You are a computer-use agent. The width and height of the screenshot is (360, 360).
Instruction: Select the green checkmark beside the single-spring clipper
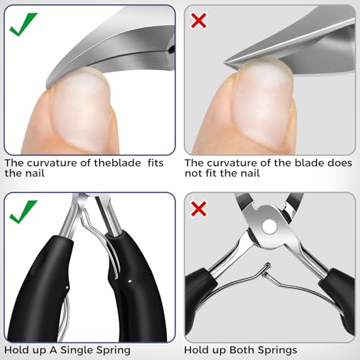(23, 212)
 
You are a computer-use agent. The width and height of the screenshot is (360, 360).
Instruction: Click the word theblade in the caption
(106, 163)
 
